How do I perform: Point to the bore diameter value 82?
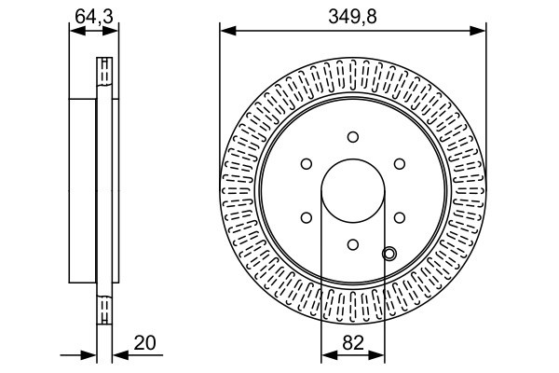[352, 342]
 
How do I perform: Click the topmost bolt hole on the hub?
[352, 137]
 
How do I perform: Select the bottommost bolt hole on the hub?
[352, 244]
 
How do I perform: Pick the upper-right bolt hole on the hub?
[399, 164]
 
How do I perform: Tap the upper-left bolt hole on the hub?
[306, 164]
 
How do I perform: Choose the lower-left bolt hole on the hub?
[306, 217]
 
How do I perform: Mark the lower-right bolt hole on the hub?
[399, 217]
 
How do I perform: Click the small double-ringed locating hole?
[389, 253]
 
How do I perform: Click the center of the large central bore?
[352, 191]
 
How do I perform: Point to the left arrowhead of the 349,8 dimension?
[225, 31]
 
